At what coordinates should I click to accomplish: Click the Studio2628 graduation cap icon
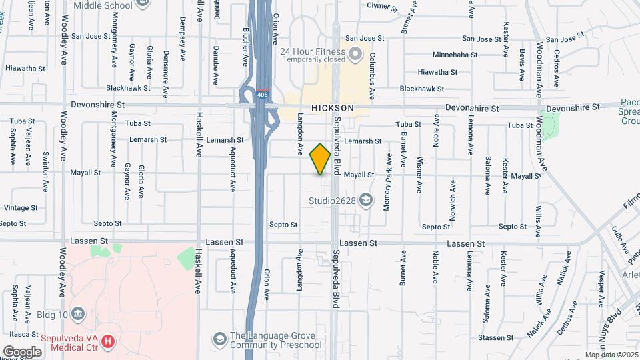[365, 199]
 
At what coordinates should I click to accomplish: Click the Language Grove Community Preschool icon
[219, 340]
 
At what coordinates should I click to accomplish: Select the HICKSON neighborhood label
[332, 107]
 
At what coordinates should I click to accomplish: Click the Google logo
[22, 351]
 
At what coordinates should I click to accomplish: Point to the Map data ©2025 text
[611, 355]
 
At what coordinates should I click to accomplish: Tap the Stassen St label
[503, 338]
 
